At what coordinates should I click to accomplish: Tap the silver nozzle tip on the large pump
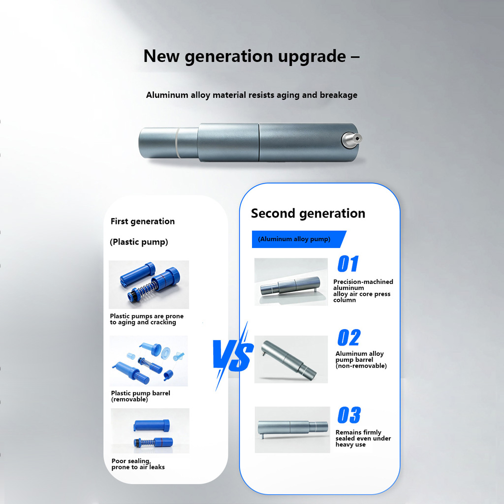[351, 139]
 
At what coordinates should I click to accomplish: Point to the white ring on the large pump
[177, 143]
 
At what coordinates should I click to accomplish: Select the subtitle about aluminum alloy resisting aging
[252, 95]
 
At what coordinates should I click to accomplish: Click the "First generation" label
[143, 221]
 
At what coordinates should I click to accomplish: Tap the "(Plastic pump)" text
[139, 242]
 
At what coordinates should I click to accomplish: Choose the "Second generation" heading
[308, 214]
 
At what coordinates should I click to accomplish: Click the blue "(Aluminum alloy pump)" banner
[299, 239]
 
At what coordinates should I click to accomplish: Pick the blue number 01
[348, 264]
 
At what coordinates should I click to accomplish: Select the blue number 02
[349, 337]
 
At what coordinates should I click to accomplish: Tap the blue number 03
[349, 415]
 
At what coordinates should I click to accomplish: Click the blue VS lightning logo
[233, 356]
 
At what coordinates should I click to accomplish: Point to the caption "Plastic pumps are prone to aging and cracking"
[147, 319]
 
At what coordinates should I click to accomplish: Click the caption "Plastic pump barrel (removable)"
[140, 396]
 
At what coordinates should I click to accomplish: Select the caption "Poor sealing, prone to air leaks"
[138, 464]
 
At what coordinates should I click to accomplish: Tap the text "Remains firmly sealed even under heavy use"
[363, 439]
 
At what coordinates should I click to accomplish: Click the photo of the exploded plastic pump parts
[149, 361]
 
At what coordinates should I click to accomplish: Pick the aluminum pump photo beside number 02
[291, 359]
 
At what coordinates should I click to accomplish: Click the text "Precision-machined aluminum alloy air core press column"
[363, 290]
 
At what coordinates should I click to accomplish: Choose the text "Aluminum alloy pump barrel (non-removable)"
[361, 360]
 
